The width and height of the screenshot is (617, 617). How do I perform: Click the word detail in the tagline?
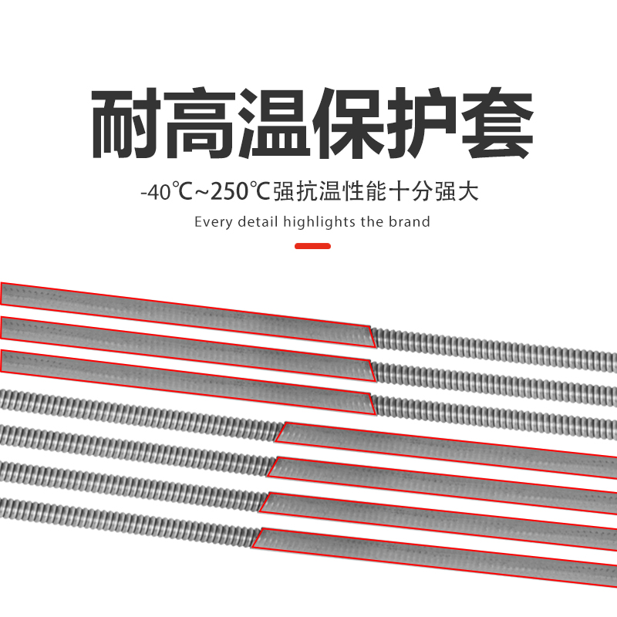click(255, 222)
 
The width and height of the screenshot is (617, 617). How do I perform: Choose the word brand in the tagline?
click(410, 222)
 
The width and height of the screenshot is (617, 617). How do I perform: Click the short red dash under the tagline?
click(313, 246)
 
